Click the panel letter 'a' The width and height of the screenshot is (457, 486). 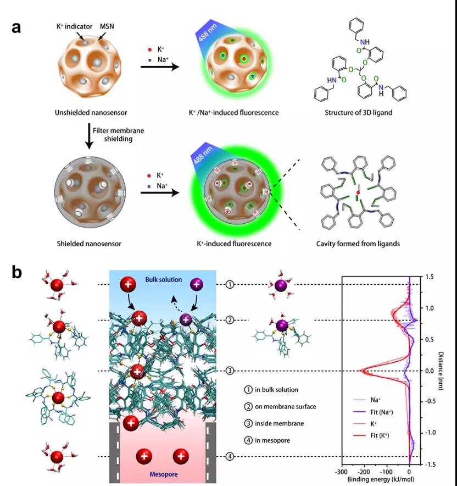point(16,26)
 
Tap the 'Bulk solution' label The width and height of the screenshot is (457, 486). point(162,280)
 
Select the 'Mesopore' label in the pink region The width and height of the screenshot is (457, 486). point(163,473)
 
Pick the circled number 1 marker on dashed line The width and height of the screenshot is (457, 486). point(230,284)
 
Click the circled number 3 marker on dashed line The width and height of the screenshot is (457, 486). point(230,371)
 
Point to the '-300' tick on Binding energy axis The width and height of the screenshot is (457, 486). point(342,472)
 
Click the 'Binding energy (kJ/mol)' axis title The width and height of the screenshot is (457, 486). point(376,479)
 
